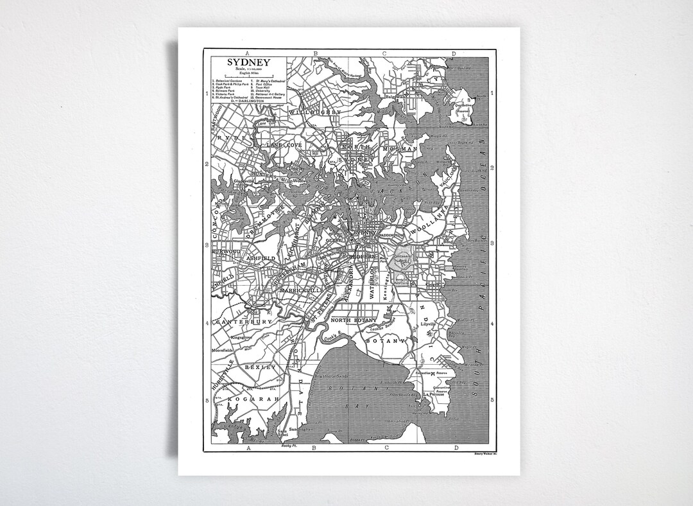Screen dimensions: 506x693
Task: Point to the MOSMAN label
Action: pos(400,149)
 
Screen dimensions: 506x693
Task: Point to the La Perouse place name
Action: pos(434,394)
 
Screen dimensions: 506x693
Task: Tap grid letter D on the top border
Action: pos(453,53)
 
